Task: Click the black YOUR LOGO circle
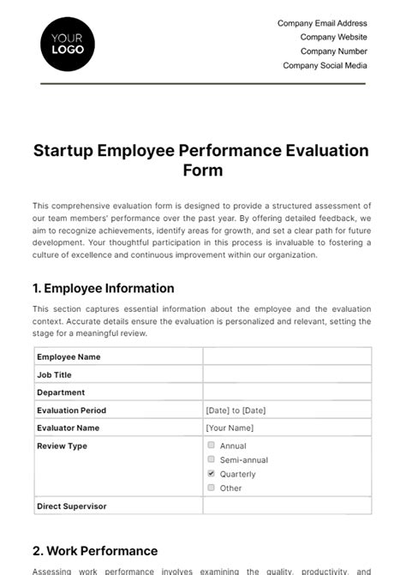click(x=68, y=44)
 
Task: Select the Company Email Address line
click(x=322, y=23)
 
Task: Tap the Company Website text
click(x=333, y=37)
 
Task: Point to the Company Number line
click(x=333, y=51)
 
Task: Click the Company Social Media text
click(x=325, y=65)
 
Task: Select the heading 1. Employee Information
click(x=103, y=288)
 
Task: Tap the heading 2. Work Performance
click(x=95, y=551)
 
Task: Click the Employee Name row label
click(x=69, y=356)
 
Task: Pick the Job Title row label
click(x=54, y=374)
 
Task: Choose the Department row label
click(x=61, y=392)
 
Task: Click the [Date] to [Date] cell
click(x=236, y=410)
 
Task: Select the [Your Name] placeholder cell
click(x=230, y=428)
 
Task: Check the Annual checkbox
click(x=211, y=446)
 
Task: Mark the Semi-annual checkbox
click(x=211, y=459)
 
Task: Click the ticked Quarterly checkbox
click(x=211, y=473)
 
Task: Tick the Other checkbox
click(x=211, y=488)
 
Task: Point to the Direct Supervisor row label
click(x=71, y=506)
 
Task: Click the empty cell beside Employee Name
click(x=287, y=356)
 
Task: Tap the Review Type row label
click(x=62, y=446)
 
